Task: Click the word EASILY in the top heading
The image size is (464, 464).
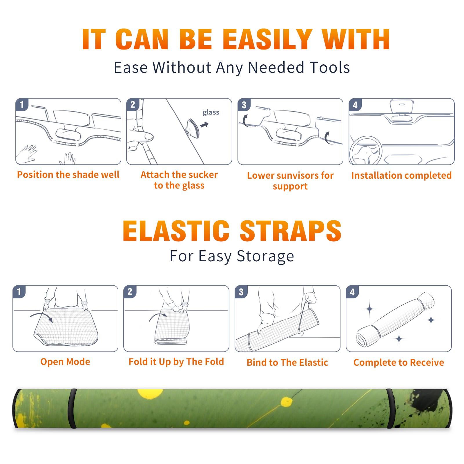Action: click(x=267, y=39)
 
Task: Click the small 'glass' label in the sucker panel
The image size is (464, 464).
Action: click(x=211, y=113)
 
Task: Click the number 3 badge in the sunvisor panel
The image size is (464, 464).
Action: click(x=244, y=105)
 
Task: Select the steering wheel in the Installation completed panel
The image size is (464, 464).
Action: click(x=366, y=151)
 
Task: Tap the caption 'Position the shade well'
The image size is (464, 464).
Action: click(x=68, y=175)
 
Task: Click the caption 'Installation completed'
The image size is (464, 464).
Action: click(x=401, y=175)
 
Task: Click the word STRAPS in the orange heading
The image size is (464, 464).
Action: click(x=291, y=231)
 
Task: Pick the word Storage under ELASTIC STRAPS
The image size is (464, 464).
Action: click(x=265, y=256)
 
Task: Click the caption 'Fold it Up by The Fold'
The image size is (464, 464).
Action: click(x=176, y=362)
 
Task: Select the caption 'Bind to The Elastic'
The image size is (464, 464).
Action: click(x=287, y=362)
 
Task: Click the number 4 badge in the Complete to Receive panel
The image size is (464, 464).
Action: click(x=352, y=292)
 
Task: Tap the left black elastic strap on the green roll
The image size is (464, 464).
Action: click(x=72, y=409)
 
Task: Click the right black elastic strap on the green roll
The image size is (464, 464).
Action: click(x=391, y=409)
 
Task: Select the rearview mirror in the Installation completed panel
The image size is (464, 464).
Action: click(x=402, y=106)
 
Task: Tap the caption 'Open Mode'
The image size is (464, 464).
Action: click(x=65, y=362)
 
